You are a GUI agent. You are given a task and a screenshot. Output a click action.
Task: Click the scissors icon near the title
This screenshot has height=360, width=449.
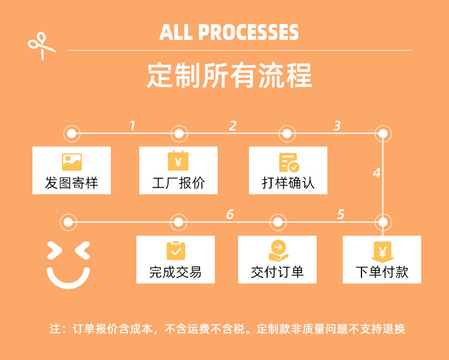pos(42,46)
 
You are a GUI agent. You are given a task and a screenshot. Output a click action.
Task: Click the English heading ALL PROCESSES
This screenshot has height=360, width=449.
pos(229,32)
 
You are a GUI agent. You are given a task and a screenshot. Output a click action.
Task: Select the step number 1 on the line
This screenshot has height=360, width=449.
pos(132,125)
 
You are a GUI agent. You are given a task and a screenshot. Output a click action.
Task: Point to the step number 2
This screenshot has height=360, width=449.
pos(232,125)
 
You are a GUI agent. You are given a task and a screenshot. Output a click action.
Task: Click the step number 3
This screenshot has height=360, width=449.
pos(337,125)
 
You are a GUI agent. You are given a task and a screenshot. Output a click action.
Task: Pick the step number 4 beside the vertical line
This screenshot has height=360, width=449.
pos(376,173)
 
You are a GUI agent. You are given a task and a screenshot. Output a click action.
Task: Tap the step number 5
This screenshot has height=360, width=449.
pos(340,214)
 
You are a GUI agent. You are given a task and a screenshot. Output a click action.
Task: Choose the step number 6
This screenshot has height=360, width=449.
pos(230,214)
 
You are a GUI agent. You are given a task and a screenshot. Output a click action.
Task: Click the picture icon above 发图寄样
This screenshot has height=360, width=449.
pos(72,162)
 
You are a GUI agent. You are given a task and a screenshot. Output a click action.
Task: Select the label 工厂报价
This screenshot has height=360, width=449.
pos(178,183)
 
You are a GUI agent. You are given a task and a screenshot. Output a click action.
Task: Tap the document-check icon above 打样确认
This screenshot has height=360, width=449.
pos(289,162)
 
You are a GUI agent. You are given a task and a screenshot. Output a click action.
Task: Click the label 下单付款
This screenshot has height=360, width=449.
pos(382,272)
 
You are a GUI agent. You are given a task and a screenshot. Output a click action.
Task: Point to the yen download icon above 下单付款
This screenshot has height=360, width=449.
pos(382,251)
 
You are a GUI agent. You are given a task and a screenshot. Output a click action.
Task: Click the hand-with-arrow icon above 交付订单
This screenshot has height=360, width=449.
pos(278,251)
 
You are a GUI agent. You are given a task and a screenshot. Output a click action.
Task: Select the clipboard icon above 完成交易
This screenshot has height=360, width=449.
pos(176,251)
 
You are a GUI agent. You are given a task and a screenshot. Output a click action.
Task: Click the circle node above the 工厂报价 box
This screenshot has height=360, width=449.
pos(178,134)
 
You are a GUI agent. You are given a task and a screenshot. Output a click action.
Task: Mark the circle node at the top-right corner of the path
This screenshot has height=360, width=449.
pos(383,134)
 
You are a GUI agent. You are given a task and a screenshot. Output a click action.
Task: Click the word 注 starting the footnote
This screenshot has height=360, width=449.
pos(55,329)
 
